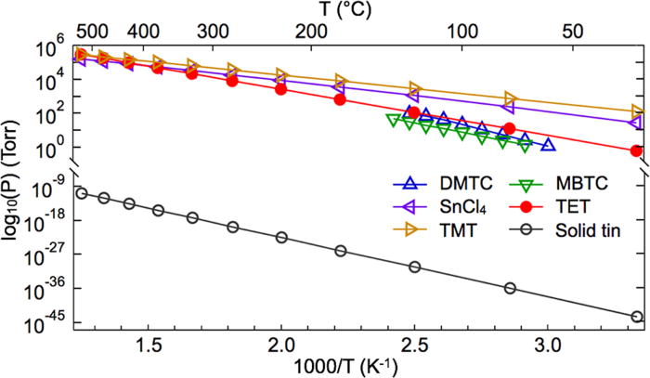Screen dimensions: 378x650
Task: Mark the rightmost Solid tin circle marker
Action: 637,317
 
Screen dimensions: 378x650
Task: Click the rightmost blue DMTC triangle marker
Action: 548,145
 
